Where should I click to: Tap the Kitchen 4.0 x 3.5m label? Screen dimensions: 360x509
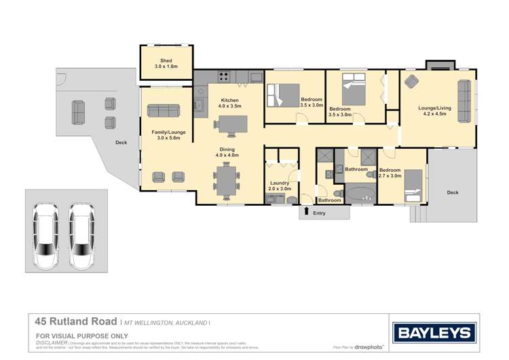click(x=229, y=103)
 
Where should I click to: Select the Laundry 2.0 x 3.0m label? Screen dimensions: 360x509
click(x=280, y=185)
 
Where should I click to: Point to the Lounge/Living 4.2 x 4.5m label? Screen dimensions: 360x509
click(x=434, y=111)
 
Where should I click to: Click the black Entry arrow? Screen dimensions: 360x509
click(x=307, y=212)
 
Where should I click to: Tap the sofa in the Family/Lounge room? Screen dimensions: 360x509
click(x=163, y=111)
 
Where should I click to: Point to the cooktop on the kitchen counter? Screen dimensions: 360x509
click(x=223, y=75)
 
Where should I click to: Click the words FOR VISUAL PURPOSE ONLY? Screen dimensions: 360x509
click(x=81, y=336)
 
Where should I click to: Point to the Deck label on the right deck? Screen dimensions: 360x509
click(x=452, y=192)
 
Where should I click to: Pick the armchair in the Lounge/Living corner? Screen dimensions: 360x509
click(x=411, y=82)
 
